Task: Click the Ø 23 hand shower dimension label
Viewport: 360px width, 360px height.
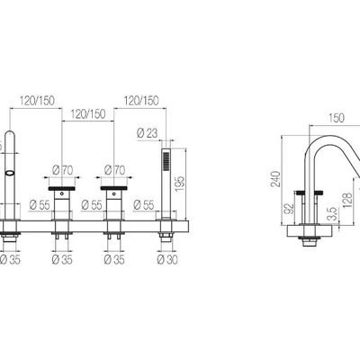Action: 147,133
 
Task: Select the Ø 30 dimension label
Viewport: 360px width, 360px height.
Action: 167,259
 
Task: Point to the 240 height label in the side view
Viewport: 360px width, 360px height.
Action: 275,179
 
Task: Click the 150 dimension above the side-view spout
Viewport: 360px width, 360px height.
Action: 337,118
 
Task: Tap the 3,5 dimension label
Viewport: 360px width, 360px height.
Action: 332,213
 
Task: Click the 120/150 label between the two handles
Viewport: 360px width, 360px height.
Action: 88,114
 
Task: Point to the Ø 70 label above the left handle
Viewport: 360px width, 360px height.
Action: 62,170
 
